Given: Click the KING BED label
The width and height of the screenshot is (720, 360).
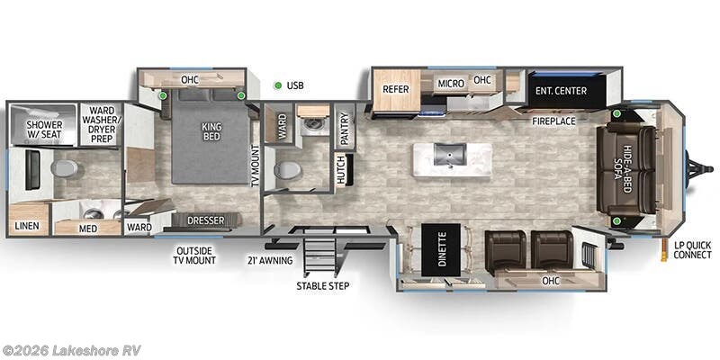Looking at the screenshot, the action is click(211, 131).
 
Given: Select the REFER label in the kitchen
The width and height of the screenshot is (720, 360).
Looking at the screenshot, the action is click(395, 89).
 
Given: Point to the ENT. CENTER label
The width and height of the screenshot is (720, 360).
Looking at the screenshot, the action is click(561, 91).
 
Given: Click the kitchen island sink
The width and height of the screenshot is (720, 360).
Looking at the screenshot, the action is click(451, 154).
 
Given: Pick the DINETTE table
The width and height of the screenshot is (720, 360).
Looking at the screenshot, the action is click(441, 250).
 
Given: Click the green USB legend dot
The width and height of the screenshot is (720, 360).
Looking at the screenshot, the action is click(278, 85).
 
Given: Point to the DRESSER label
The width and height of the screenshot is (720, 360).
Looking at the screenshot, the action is click(206, 220).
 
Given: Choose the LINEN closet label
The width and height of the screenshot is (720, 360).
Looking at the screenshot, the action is click(27, 226).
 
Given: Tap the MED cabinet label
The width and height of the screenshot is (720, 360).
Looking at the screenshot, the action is click(87, 228).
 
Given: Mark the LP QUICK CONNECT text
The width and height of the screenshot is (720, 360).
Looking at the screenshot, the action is click(692, 251).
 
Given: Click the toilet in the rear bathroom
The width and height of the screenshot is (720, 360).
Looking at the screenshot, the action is click(64, 168).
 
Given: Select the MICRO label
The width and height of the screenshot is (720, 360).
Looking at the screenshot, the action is click(451, 84).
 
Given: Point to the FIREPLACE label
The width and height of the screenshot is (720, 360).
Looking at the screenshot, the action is click(553, 121).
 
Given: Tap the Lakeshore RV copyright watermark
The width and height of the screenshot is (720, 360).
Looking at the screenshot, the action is click(71, 350).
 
